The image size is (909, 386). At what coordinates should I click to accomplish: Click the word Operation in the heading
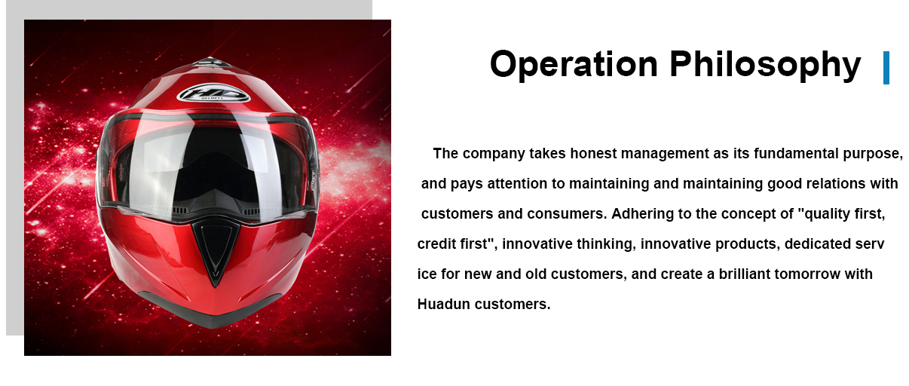click(x=574, y=65)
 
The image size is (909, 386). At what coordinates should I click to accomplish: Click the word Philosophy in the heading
click(x=765, y=65)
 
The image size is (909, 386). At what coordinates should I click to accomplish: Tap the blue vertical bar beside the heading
click(x=886, y=68)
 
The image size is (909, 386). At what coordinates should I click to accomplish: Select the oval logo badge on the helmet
click(x=213, y=93)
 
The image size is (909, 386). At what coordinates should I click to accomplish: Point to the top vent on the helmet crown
click(x=209, y=63)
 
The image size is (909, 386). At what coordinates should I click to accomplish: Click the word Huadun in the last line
click(x=443, y=304)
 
